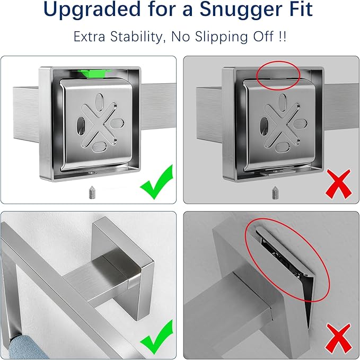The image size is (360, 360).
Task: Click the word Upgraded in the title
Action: [x=92, y=10]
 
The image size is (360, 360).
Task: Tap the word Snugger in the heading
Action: [x=242, y=10]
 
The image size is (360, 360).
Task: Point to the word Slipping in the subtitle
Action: [x=221, y=37]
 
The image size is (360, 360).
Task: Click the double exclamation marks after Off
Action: [x=283, y=37]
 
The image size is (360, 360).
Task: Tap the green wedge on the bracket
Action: [x=94, y=74]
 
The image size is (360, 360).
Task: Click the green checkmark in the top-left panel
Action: [x=156, y=182]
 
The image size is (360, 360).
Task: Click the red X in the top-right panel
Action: [x=339, y=184]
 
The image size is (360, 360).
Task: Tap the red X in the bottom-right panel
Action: [x=339, y=338]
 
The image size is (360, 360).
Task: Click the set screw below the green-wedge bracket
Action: [x=92, y=192]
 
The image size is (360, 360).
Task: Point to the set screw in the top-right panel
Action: [x=275, y=193]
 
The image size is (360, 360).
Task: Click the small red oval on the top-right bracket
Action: [x=278, y=62]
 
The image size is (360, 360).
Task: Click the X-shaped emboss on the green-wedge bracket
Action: [x=99, y=125]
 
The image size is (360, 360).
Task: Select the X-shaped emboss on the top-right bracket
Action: [x=282, y=126]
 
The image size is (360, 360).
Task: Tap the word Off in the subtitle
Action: [x=264, y=37]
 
